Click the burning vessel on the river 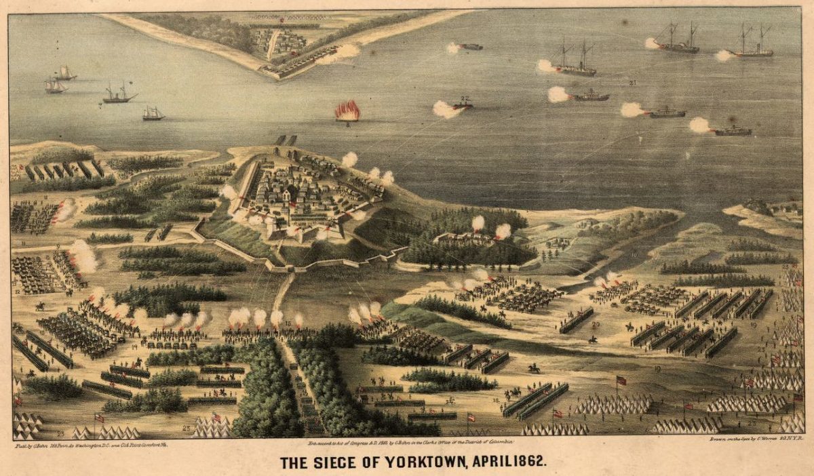(x=347, y=111)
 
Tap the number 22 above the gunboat (x=464, y=98)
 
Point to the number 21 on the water (x=632, y=83)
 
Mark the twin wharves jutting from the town (x=286, y=140)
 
